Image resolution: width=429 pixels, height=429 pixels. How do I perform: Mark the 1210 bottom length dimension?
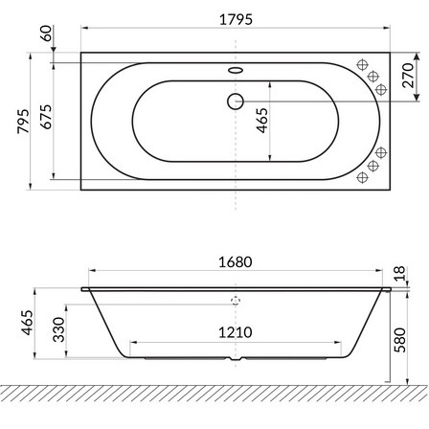[235, 332]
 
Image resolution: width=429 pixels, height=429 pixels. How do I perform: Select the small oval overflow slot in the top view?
[236, 69]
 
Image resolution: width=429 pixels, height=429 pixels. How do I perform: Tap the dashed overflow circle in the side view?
[236, 299]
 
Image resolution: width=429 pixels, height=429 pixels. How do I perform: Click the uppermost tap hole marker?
[363, 64]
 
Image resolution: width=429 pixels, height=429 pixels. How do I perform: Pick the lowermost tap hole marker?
[363, 178]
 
